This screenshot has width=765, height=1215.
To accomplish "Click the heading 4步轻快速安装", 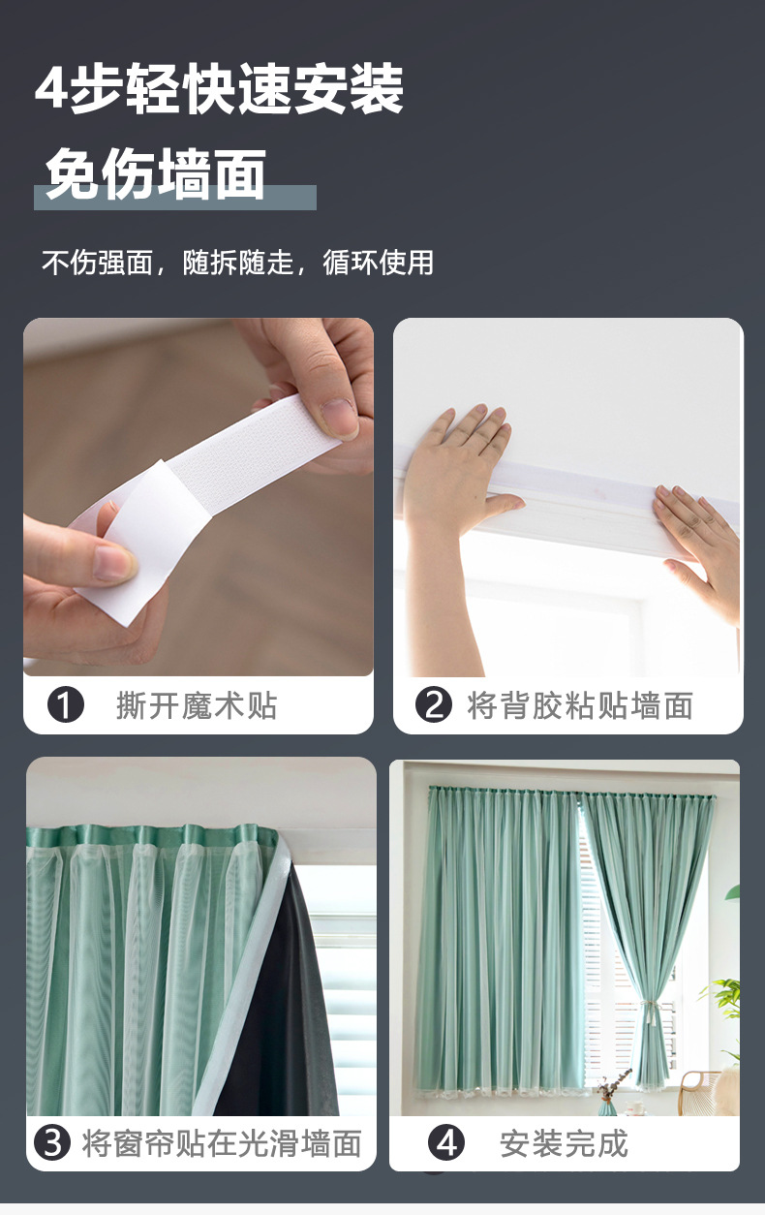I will pos(219,89).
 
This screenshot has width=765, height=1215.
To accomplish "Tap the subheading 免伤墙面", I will pos(156,174).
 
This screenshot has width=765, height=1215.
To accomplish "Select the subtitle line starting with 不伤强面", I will pos(237,262).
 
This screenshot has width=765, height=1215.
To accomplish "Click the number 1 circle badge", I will pos(66,704).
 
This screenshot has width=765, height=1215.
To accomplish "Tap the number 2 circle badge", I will pos(434,704).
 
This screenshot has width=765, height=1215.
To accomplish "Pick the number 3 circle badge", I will pos(52,1142).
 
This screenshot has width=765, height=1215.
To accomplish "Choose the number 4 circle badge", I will pos(446,1142).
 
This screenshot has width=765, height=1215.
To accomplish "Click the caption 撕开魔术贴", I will pos(197,705).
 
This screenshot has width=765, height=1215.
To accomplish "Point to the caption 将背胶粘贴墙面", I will pos(579,705).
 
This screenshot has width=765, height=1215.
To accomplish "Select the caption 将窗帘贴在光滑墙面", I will pos(222,1143).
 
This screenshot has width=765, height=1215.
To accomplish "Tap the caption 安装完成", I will pos(564,1143).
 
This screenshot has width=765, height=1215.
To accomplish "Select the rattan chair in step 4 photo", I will pos(705,1091).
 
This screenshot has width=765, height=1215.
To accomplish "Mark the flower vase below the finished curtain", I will pos(607,1100).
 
